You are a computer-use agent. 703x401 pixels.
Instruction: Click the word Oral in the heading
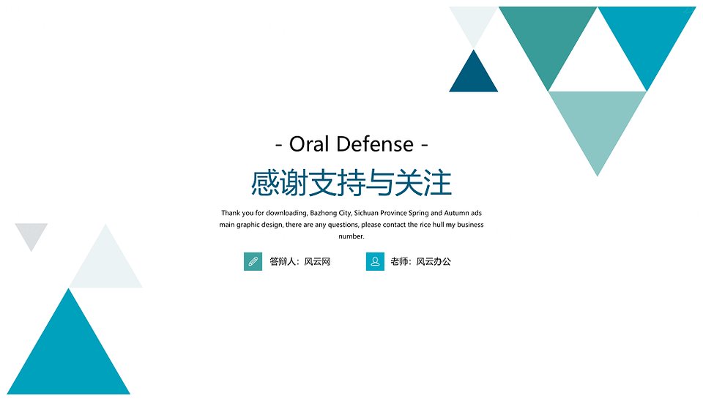click(x=309, y=144)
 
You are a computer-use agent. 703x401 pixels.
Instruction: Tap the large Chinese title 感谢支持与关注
click(x=351, y=183)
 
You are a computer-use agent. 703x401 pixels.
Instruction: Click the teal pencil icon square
click(x=253, y=262)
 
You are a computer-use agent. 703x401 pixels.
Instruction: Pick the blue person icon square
click(x=375, y=262)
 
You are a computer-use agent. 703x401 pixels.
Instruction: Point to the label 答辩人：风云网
click(x=300, y=262)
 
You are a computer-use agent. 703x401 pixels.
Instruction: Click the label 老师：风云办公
click(x=420, y=262)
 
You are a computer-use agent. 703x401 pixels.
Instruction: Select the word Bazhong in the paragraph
click(x=324, y=213)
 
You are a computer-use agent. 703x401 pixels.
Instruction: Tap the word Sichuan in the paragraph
click(x=366, y=213)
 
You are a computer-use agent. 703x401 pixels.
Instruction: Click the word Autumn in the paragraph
click(x=456, y=213)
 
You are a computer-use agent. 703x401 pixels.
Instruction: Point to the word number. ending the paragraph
click(x=351, y=236)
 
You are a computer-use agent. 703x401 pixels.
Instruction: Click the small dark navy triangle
click(x=474, y=76)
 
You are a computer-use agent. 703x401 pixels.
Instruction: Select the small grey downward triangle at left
click(x=31, y=233)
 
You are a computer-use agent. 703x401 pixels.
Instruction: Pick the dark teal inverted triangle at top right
click(x=548, y=35)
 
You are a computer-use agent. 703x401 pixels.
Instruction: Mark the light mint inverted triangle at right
click(x=598, y=120)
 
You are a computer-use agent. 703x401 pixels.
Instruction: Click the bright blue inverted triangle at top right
click(x=647, y=35)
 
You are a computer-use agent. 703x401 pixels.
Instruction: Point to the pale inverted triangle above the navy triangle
click(x=474, y=20)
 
